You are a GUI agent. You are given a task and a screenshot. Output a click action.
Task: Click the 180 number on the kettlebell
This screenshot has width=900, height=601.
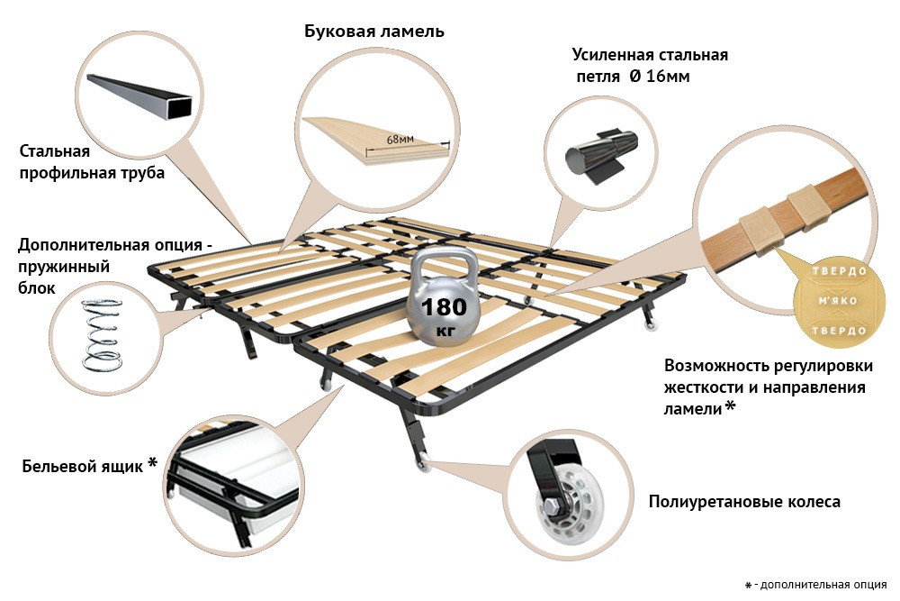444,306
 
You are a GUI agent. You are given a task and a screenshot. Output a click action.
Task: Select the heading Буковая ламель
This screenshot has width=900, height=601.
374,32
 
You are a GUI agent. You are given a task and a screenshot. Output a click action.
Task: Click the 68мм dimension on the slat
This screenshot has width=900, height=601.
400,140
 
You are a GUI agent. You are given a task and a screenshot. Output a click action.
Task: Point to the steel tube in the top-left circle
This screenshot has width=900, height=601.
141,96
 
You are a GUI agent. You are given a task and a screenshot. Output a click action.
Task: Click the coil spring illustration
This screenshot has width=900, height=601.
98,332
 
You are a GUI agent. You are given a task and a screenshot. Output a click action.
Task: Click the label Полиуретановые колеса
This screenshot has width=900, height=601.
744,502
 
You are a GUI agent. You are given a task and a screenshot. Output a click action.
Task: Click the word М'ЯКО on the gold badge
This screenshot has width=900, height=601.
836,300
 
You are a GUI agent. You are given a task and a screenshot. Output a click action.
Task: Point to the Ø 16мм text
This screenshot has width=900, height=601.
659,77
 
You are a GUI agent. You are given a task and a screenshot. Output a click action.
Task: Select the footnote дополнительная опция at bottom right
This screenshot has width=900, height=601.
820,585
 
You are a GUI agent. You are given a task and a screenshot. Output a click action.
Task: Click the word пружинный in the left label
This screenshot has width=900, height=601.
65,268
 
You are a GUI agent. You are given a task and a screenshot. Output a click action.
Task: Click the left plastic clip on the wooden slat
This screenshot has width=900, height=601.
758,232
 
